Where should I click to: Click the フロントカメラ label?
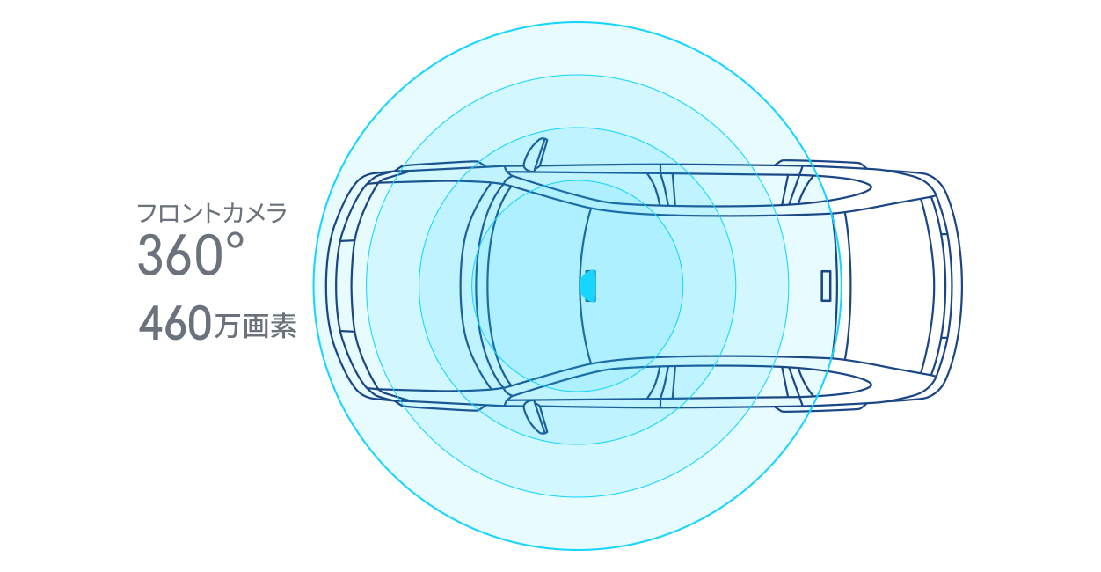pos(212,214)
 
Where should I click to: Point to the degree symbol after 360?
pos(236,243)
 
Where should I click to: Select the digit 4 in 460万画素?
pos(151,323)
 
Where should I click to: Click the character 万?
pos(228,326)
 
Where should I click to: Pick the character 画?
pos(256,326)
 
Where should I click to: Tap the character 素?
pos(283,326)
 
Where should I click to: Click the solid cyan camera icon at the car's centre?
pos(587,286)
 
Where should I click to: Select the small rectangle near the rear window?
pos(826,286)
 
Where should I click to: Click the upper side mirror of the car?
pos(536,154)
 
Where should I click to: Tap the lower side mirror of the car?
pos(536,418)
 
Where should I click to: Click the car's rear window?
pos(889,286)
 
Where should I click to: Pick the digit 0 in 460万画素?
pos(200,323)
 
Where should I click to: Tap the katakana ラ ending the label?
pos(277,214)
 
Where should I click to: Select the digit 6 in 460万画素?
pos(177,323)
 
